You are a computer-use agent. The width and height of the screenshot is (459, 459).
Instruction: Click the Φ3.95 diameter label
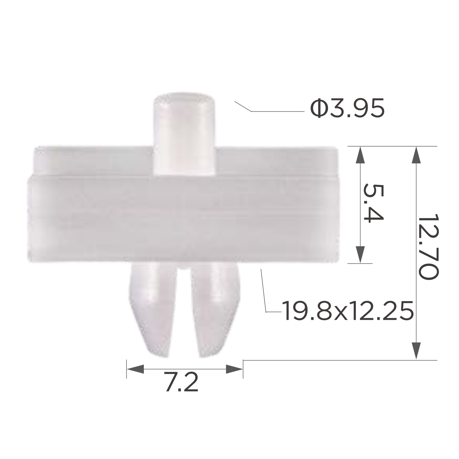pyautogui.click(x=347, y=109)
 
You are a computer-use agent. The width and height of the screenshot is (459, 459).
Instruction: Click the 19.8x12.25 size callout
pyautogui.click(x=348, y=311)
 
